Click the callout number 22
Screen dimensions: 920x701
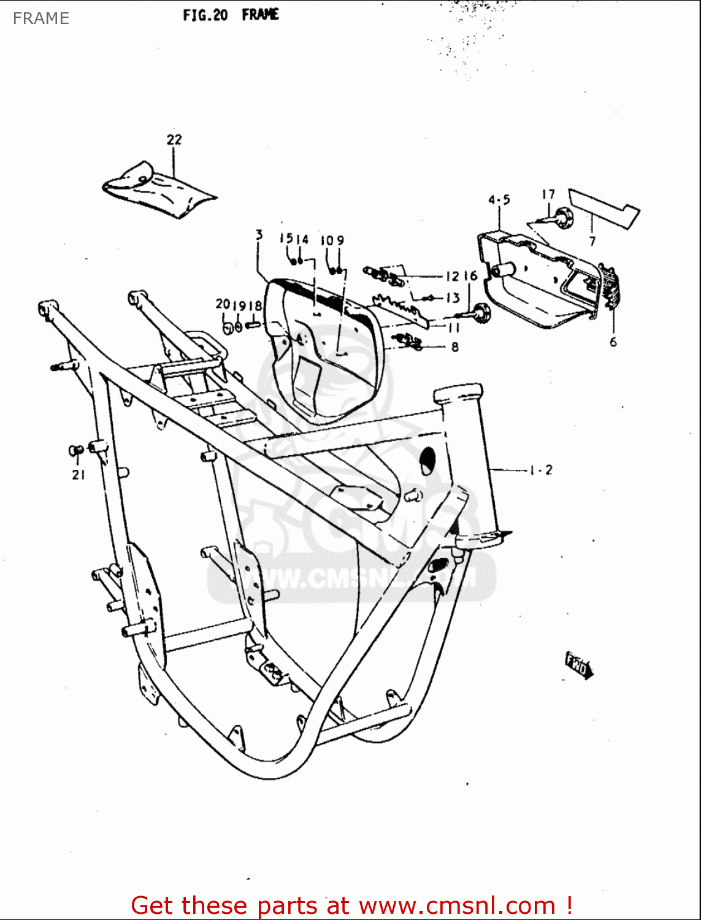pyautogui.click(x=174, y=140)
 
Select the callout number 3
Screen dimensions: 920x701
pyautogui.click(x=259, y=234)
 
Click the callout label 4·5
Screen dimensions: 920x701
pyautogui.click(x=499, y=200)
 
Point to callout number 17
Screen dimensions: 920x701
pyautogui.click(x=548, y=194)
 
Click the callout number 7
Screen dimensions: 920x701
pyautogui.click(x=592, y=241)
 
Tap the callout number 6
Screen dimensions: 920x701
pyautogui.click(x=613, y=342)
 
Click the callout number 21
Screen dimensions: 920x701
pyautogui.click(x=78, y=474)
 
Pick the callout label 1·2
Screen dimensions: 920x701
pyautogui.click(x=541, y=470)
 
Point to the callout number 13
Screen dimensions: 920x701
pyautogui.click(x=453, y=298)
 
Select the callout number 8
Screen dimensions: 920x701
pyautogui.click(x=454, y=347)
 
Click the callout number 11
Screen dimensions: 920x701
pyautogui.click(x=453, y=328)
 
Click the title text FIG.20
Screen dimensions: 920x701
pyautogui.click(x=205, y=15)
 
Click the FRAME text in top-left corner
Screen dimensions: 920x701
pyautogui.click(x=40, y=18)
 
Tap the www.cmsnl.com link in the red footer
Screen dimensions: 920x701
pyautogui.click(x=456, y=905)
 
